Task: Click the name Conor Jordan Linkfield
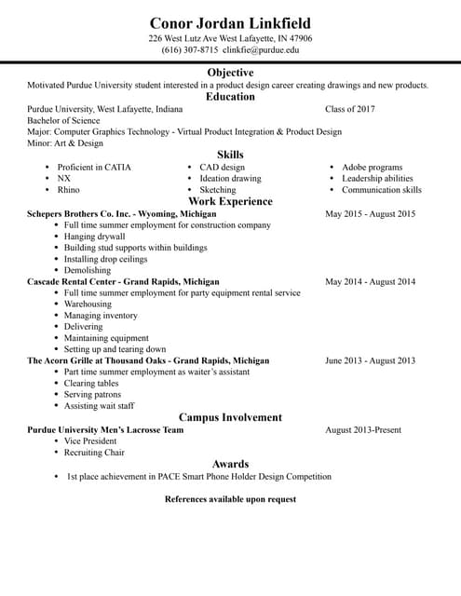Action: [x=230, y=22]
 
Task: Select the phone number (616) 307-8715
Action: [x=190, y=50]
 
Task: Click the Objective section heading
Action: [x=230, y=73]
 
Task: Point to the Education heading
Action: [x=230, y=97]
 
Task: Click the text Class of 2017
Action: [x=350, y=109]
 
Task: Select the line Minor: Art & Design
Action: [x=65, y=143]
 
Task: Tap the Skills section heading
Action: [x=230, y=155]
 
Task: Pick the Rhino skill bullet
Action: [x=68, y=190]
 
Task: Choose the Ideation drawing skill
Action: [x=230, y=179]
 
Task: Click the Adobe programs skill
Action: [x=372, y=168]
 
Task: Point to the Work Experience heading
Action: [x=230, y=201]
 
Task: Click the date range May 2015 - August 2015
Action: [x=370, y=214]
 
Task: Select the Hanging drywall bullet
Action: [x=94, y=237]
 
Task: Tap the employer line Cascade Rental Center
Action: [x=123, y=281]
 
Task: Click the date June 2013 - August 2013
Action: [x=370, y=360]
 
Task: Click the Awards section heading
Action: [x=230, y=464]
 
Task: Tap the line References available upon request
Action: [x=230, y=499]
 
